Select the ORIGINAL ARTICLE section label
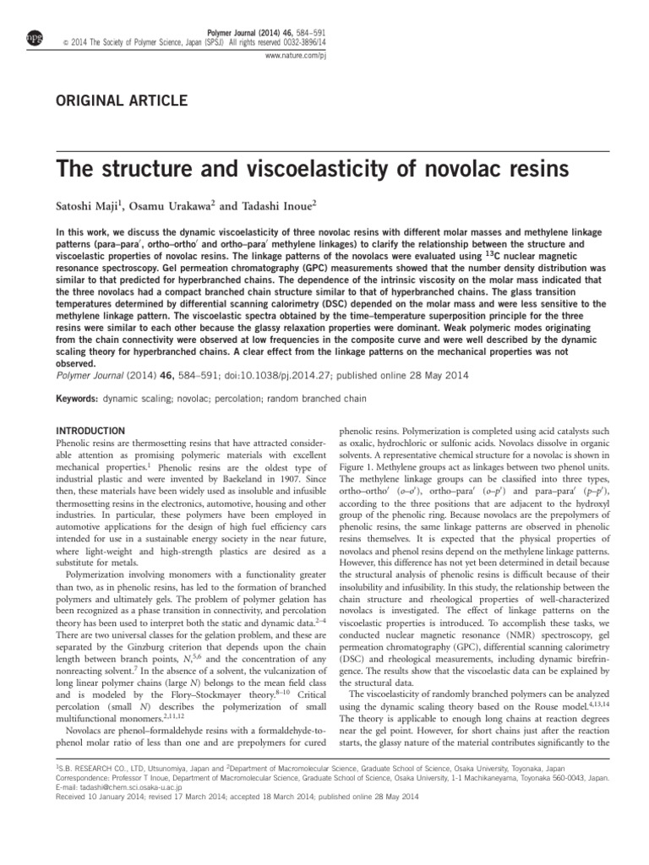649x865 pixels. coord(121,101)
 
